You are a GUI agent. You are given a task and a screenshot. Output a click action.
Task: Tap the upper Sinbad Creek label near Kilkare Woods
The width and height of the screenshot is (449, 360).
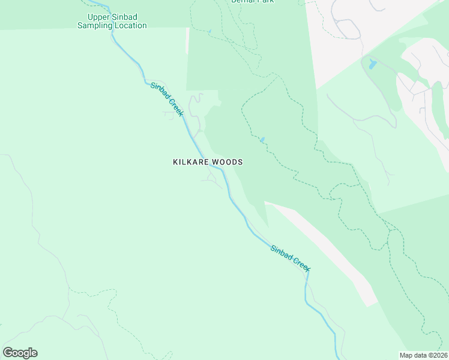coord(167,99)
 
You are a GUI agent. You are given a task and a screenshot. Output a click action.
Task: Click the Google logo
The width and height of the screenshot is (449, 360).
coord(20,353)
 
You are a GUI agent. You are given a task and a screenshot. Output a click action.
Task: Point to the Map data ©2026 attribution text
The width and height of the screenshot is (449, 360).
coord(424,355)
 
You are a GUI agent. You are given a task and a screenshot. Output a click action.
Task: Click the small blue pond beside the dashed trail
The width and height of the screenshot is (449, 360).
coord(262,140)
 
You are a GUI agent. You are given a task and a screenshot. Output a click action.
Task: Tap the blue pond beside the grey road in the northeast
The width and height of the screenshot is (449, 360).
coord(373,64)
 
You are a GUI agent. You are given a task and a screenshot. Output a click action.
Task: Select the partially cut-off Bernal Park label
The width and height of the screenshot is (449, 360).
coord(252,1)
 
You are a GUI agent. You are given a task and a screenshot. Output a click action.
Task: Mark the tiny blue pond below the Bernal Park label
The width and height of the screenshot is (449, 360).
coord(209,31)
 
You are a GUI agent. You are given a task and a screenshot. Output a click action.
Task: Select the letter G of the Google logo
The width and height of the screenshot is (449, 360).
coord(8,353)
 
